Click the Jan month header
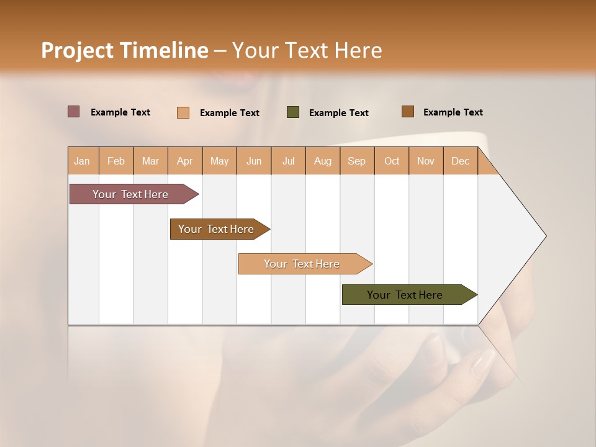[x=83, y=161]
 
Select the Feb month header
[x=116, y=161]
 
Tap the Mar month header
[x=150, y=161]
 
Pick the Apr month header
[x=185, y=161]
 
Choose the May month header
[x=219, y=161]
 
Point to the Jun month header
[x=254, y=161]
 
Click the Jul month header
[x=288, y=161]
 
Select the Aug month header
[x=323, y=161]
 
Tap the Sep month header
[x=357, y=161]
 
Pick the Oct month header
[x=392, y=161]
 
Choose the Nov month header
[x=426, y=161]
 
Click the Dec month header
[x=461, y=161]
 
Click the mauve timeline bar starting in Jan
[x=130, y=194]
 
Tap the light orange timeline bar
[x=302, y=264]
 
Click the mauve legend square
[x=73, y=112]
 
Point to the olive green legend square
[x=293, y=112]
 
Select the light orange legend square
[x=183, y=112]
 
